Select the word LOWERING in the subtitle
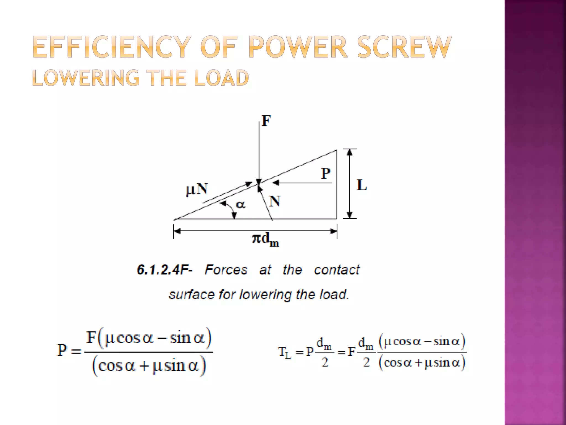(x=86, y=78)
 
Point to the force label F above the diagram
(x=266, y=121)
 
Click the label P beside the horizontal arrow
(x=326, y=174)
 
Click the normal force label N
(x=275, y=201)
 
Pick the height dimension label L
(x=361, y=185)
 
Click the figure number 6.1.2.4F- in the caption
(x=165, y=270)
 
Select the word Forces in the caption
(x=226, y=270)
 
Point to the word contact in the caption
(x=337, y=270)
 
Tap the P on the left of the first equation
(x=62, y=350)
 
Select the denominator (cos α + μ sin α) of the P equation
(x=149, y=366)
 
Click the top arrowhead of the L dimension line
(x=350, y=152)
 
